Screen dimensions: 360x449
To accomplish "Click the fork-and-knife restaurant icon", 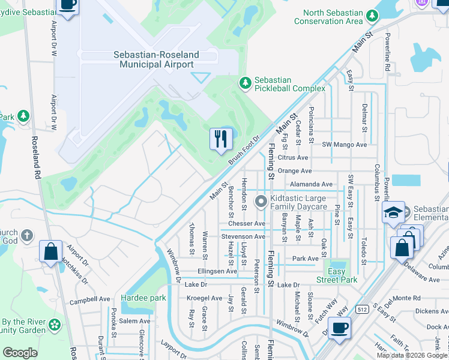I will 220,139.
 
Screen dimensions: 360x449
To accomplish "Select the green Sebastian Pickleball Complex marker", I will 244,83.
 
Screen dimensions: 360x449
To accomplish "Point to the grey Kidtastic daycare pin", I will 261,202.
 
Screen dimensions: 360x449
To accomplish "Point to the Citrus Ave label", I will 293,158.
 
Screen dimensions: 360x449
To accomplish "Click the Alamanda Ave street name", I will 311,184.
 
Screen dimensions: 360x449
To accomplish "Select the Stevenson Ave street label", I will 243,236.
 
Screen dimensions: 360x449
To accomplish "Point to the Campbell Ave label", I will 90,298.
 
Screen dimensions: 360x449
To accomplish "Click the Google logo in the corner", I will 20,352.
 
